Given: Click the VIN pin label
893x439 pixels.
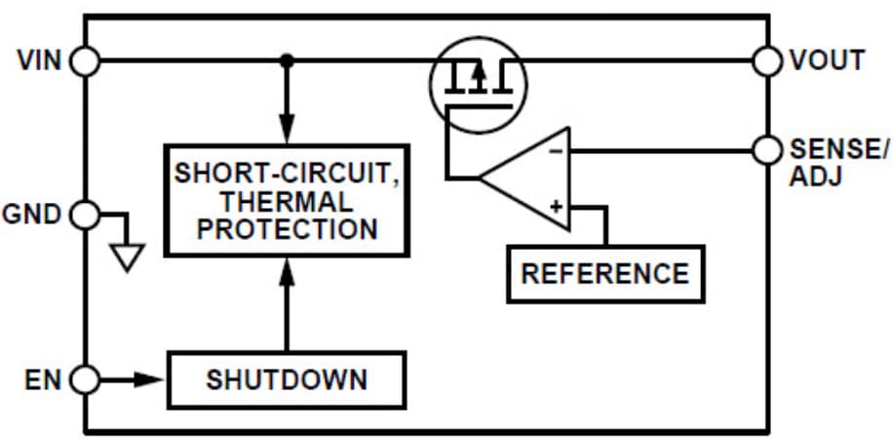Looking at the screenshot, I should pos(39,60).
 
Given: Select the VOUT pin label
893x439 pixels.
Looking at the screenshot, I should pos(827,60).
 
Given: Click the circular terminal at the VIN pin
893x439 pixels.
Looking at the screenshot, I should pos(86,61).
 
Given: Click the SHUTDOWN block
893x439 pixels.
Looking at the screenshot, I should pos(287,379).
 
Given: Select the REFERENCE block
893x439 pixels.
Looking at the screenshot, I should pos(604,273).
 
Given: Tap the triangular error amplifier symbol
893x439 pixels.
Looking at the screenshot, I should pos(531,179).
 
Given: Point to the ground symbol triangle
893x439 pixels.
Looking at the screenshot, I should pos(127,257).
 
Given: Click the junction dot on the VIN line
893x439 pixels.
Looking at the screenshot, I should pos(286,61).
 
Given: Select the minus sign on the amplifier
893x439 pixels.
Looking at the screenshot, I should pos(556,152).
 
